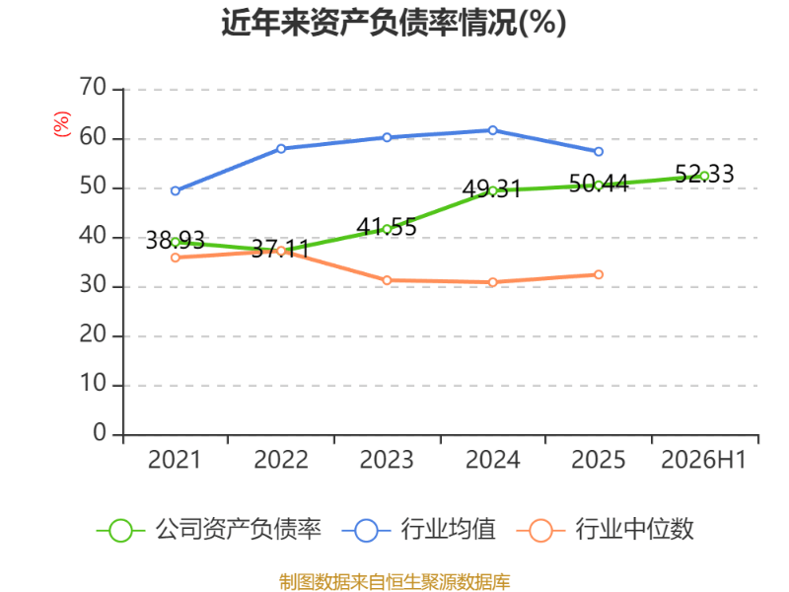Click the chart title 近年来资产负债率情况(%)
(394, 23)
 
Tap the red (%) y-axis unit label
(62, 124)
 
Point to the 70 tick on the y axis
(93, 88)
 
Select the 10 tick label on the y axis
(93, 384)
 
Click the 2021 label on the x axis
(175, 460)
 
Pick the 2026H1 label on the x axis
(704, 460)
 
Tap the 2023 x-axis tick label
(387, 460)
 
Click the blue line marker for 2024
(492, 130)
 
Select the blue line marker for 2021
(176, 190)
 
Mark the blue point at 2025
(599, 152)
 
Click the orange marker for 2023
(387, 280)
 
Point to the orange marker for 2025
(599, 274)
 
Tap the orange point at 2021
(176, 258)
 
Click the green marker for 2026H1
(704, 176)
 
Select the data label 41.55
(387, 227)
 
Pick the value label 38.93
(176, 240)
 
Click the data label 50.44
(599, 184)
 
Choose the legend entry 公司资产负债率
(209, 530)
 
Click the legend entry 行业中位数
(606, 530)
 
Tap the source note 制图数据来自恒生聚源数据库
(394, 582)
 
